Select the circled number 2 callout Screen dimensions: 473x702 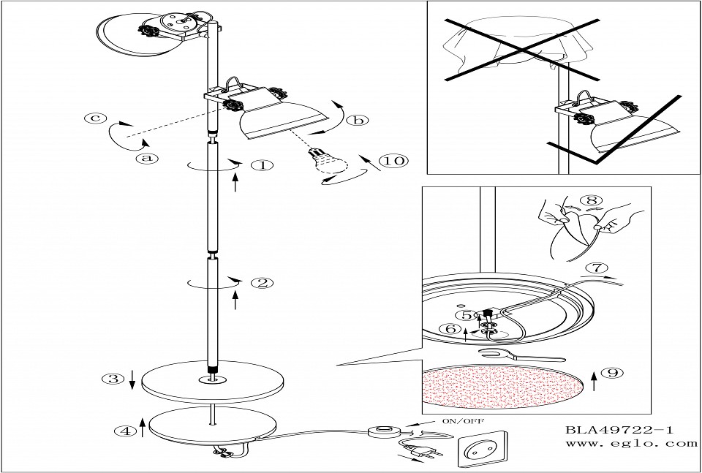coord(261,283)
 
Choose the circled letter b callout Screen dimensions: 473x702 coord(358,121)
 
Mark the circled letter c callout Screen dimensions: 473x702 coord(93,118)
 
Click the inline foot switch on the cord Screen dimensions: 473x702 coord(384,432)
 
